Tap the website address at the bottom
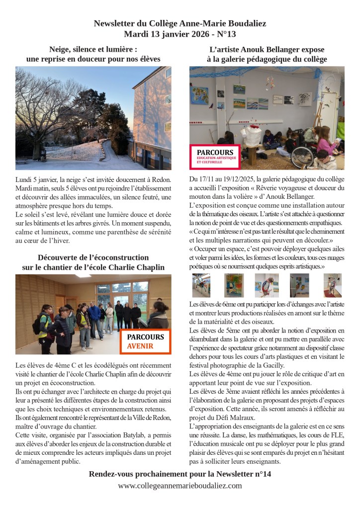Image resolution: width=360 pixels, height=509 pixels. pos(180,486)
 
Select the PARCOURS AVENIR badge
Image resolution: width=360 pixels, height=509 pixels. pos(145,341)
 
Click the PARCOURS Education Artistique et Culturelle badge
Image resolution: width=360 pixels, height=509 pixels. pos(215,156)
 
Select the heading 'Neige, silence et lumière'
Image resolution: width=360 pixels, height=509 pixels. pos(93,49)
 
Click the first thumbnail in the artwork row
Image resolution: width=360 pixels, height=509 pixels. pos(201,285)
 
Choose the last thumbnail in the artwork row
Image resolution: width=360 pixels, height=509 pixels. pos(332,285)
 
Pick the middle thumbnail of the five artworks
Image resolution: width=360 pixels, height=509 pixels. pos(267,285)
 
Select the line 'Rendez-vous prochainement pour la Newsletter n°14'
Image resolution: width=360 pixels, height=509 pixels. pos(180,474)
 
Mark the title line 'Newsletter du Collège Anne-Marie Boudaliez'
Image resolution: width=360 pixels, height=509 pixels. pos(180,23)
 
